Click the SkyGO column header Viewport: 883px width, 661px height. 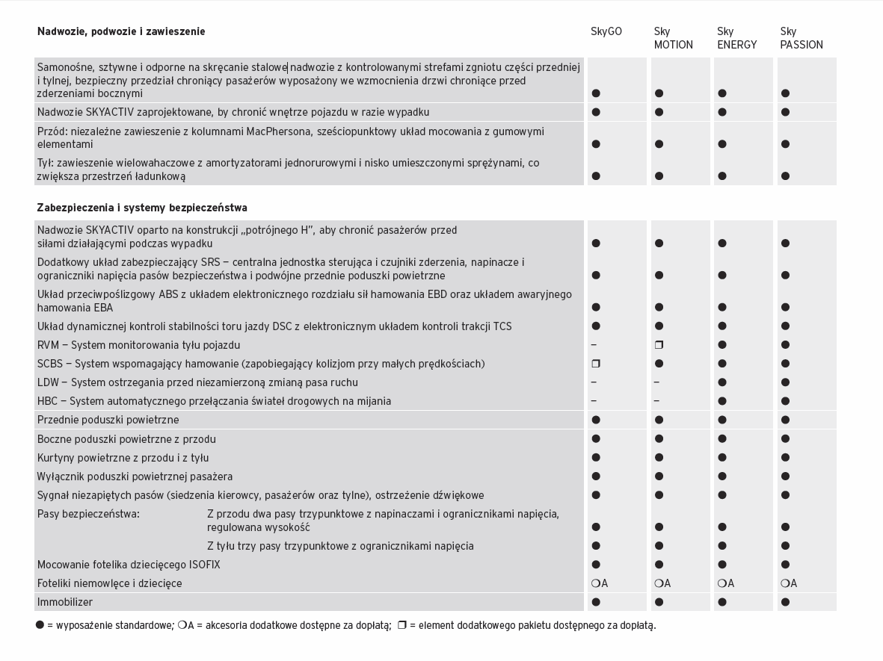click(x=606, y=31)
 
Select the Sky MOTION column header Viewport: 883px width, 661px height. click(x=673, y=38)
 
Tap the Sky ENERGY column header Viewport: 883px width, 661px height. click(x=736, y=38)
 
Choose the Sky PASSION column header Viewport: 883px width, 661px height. click(x=801, y=38)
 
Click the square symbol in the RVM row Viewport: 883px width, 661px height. click(x=659, y=345)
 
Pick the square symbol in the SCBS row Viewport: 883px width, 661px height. click(x=596, y=364)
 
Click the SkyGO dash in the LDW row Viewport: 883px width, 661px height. click(x=594, y=382)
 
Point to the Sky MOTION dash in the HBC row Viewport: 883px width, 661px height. click(x=656, y=401)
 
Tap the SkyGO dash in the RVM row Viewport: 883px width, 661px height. click(x=594, y=345)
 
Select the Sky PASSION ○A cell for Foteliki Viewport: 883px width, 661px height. click(x=789, y=583)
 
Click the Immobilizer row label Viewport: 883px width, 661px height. click(x=65, y=602)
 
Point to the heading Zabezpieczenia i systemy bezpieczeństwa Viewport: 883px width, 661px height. click(x=142, y=208)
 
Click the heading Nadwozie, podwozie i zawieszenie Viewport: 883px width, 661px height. click(x=121, y=31)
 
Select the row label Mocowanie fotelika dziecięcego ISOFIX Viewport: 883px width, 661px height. click(x=129, y=565)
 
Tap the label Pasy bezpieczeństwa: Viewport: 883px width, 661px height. click(x=88, y=514)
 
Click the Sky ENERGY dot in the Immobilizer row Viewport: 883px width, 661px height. click(x=722, y=602)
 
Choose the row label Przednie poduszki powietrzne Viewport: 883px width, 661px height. click(x=108, y=420)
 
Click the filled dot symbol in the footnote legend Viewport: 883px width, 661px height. click(x=40, y=625)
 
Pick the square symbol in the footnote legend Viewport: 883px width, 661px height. click(x=401, y=625)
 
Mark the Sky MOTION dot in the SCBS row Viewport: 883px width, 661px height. click(x=659, y=364)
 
